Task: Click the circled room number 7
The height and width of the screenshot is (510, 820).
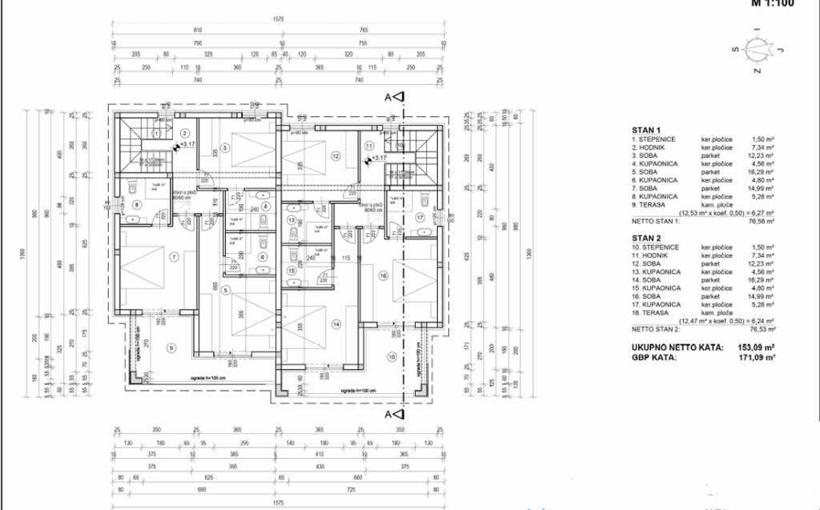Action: pyautogui.click(x=174, y=257)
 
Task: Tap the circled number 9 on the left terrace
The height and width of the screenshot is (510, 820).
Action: pyautogui.click(x=171, y=347)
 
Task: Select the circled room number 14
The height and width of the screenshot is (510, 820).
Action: pyautogui.click(x=337, y=324)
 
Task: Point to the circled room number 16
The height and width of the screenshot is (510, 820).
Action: pyautogui.click(x=384, y=276)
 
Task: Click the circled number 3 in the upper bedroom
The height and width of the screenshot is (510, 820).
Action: pyautogui.click(x=226, y=147)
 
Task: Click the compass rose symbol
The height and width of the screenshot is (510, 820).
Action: pyautogui.click(x=755, y=50)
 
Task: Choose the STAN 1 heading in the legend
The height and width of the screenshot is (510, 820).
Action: pyautogui.click(x=646, y=130)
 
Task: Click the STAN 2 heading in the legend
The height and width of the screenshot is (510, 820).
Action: pyautogui.click(x=646, y=239)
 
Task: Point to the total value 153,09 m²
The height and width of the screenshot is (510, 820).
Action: pyautogui.click(x=758, y=348)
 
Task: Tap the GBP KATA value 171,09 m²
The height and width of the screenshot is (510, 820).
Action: pyautogui.click(x=758, y=358)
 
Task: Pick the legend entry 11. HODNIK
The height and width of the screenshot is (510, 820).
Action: pyautogui.click(x=654, y=256)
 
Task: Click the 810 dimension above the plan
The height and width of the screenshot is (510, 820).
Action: pyautogui.click(x=197, y=29)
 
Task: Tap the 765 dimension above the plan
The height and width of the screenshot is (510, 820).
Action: pyautogui.click(x=364, y=29)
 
